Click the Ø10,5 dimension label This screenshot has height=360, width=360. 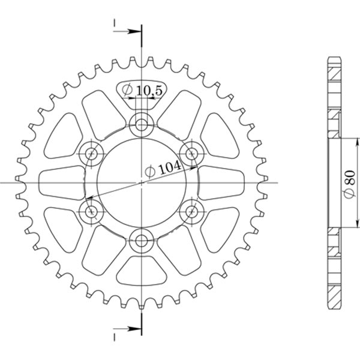coord(141,91)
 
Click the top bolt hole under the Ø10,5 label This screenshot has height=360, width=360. coord(142,125)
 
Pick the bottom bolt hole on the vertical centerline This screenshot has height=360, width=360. coord(142,241)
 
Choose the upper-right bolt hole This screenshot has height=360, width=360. coord(192,154)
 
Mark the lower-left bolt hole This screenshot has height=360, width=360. coord(92,211)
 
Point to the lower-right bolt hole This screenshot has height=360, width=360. coord(192,211)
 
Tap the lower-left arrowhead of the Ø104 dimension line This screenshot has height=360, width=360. coord(88,198)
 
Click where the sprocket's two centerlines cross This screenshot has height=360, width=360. coord(142,182)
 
